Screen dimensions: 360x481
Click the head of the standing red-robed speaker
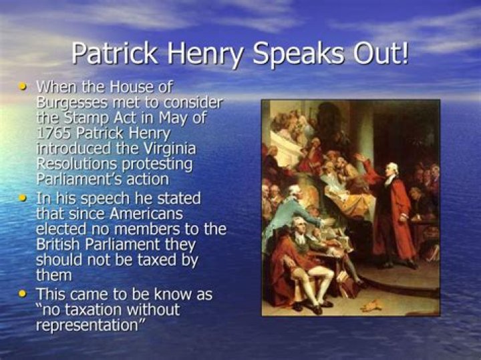click(x=393, y=169)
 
